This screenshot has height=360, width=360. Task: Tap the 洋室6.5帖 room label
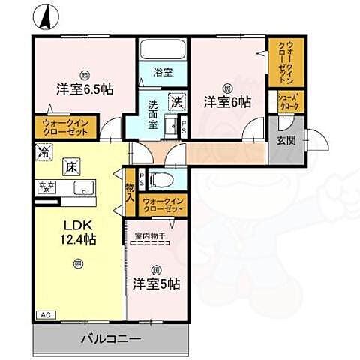(x=84, y=88)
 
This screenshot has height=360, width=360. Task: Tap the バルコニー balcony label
(x=109, y=339)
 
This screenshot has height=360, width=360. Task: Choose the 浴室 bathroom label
(x=163, y=73)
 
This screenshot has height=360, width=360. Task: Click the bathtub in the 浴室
(x=163, y=50)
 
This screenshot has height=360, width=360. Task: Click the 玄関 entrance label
(x=286, y=139)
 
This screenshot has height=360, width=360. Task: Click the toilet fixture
(x=160, y=180)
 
